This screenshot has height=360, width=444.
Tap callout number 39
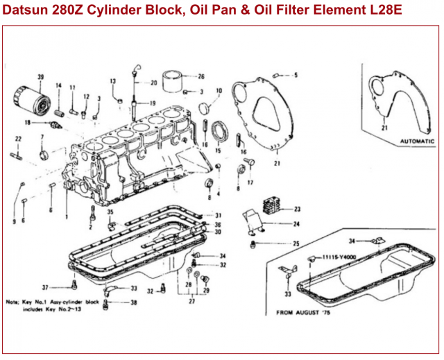[x=40, y=77]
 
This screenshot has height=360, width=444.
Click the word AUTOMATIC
[x=415, y=141]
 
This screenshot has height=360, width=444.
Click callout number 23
[x=297, y=208]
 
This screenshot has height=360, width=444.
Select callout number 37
[x=45, y=286]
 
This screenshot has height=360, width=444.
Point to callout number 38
[x=134, y=302]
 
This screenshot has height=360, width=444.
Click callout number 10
[x=219, y=91]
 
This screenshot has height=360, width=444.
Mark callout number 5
[x=295, y=74]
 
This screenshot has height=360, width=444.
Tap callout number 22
[x=18, y=139]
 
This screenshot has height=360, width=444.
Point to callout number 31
[x=218, y=216]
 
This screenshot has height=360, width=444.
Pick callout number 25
[x=296, y=244]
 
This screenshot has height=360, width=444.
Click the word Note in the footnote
[x=12, y=302]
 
